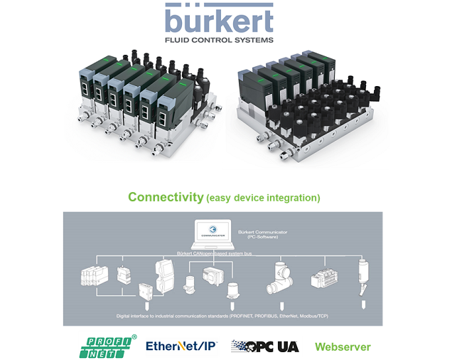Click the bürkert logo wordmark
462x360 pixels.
(x=219, y=20)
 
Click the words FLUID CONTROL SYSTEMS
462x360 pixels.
(x=219, y=41)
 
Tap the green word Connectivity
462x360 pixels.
(x=166, y=197)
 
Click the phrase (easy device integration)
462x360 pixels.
(x=264, y=198)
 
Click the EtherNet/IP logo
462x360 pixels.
(x=181, y=346)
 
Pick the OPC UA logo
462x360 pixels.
(x=265, y=346)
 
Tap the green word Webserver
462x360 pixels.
(x=343, y=346)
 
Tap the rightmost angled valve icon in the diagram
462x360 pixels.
(x=365, y=274)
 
